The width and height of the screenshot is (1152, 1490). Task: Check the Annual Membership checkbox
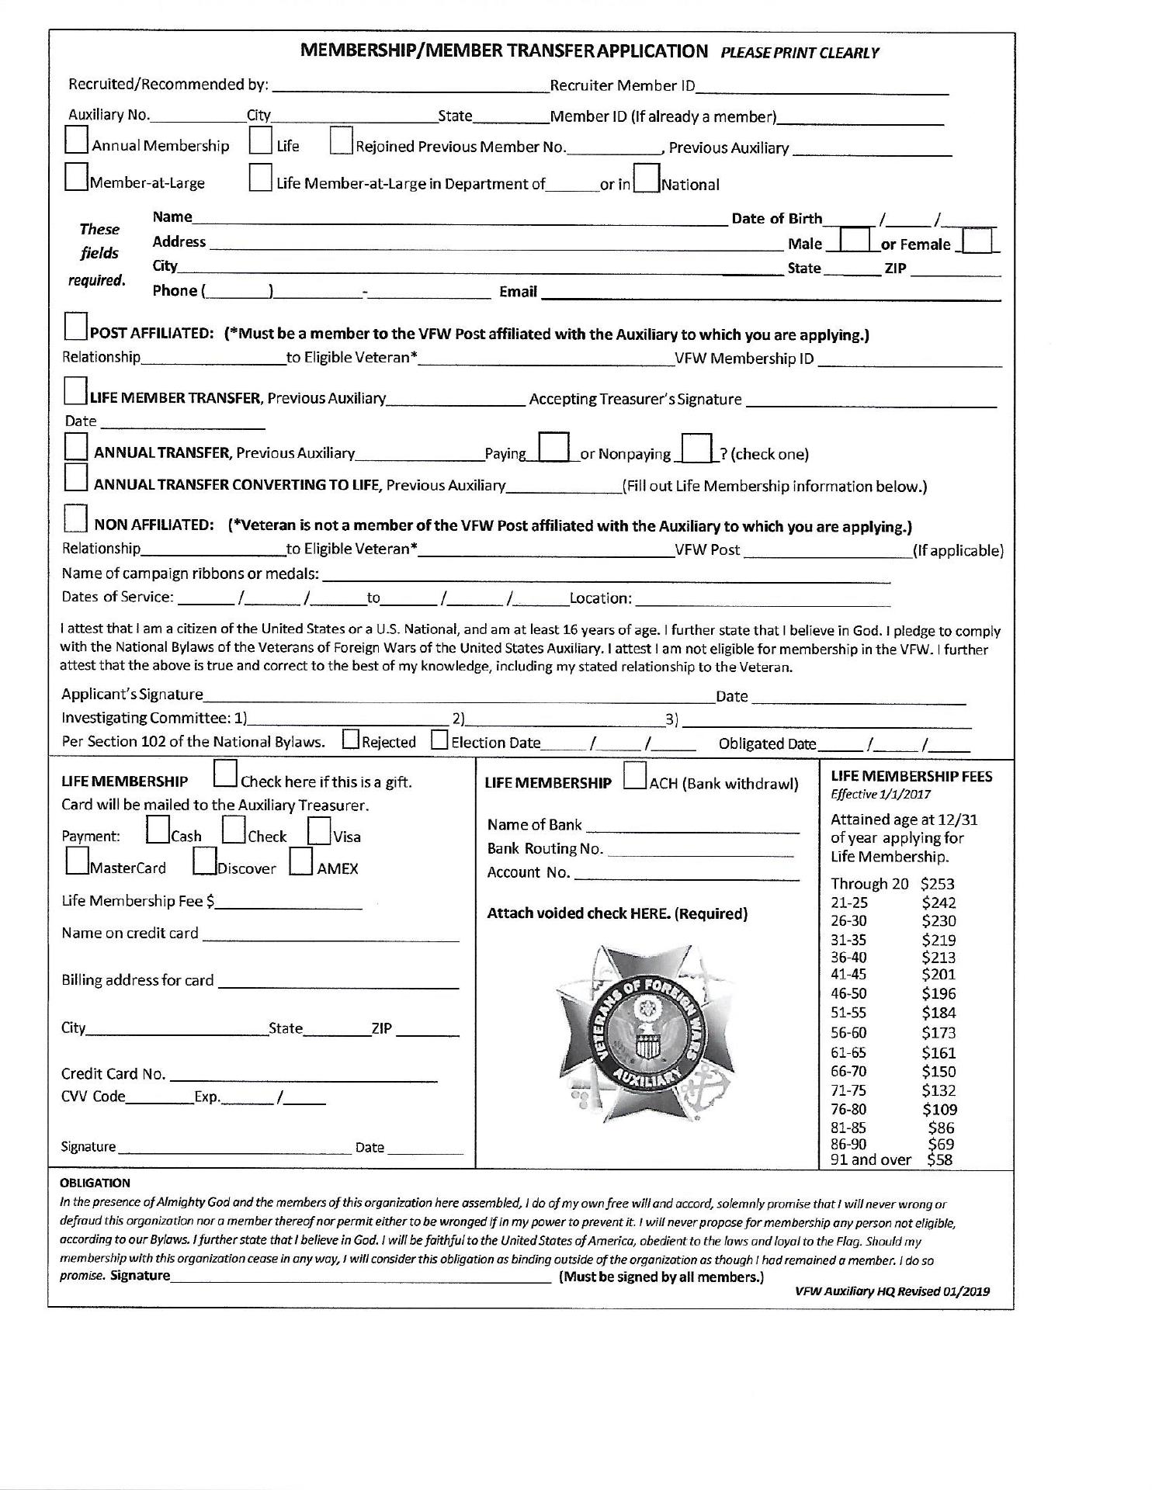(77, 140)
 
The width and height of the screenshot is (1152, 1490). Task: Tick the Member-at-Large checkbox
(77, 178)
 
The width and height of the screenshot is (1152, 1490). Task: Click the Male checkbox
(855, 239)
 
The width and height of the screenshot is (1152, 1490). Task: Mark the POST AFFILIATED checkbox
(76, 327)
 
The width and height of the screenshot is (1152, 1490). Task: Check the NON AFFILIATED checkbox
(75, 518)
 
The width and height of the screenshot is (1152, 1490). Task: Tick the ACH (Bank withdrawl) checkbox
(636, 776)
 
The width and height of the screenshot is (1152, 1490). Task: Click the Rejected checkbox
(351, 740)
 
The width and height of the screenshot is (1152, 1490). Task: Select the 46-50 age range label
(849, 994)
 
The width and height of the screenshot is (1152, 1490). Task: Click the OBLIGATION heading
(95, 1183)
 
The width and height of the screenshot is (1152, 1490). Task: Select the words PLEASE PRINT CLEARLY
(800, 54)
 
